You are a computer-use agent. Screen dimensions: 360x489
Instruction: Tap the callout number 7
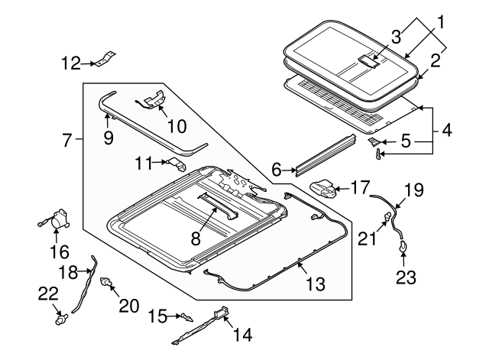pos(67,141)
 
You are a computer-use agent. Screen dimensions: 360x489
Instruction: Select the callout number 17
pos(360,187)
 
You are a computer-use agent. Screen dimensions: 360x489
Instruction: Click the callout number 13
pos(314,284)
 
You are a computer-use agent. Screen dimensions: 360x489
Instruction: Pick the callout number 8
pos(196,238)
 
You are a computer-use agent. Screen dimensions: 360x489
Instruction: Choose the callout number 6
pos(277,169)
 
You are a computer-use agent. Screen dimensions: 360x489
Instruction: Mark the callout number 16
pos(60,251)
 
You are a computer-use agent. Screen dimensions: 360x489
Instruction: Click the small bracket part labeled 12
pos(107,58)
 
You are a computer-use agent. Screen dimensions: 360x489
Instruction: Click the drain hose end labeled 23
pos(403,246)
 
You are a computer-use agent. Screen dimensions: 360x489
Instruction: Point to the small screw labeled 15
pos(183,315)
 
